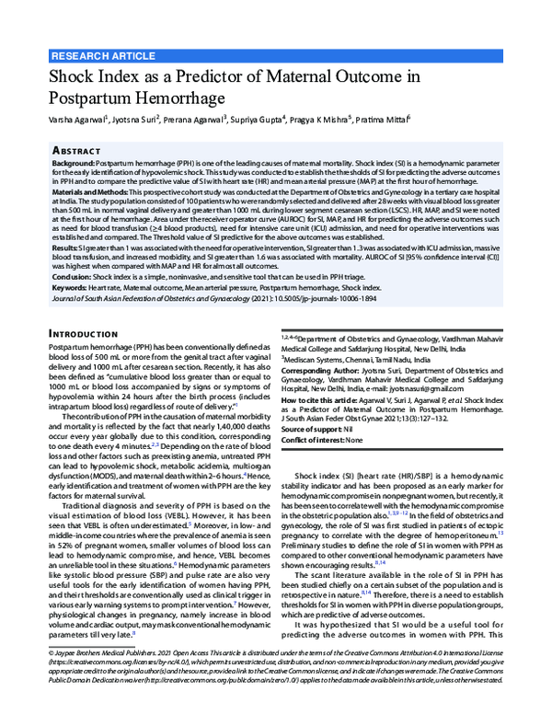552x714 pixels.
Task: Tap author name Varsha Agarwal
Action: point(78,119)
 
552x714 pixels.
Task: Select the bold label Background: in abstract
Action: point(80,161)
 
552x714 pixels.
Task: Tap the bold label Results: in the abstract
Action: point(69,248)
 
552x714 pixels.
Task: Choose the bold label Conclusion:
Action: point(76,278)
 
